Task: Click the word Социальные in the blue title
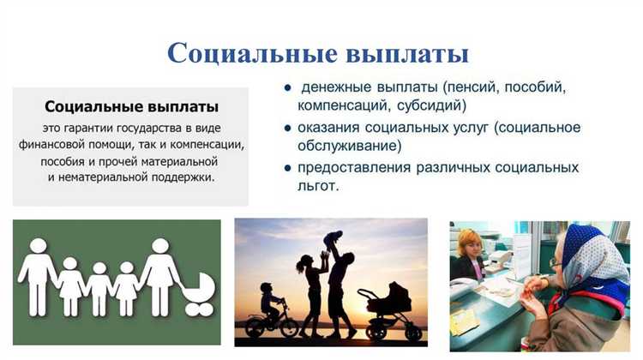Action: [x=239, y=52]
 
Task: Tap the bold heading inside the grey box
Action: [x=131, y=107]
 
